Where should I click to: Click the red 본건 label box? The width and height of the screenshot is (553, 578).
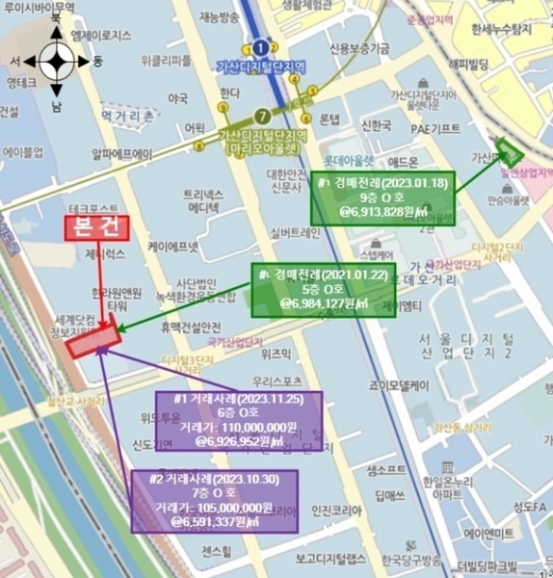coord(95,228)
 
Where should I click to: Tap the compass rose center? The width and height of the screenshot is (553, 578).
coord(56,63)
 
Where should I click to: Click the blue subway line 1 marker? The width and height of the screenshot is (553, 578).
coord(260,45)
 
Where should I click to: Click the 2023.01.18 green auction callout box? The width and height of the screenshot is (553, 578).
coord(382,197)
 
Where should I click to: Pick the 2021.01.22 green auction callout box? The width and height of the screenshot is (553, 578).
coord(311,289)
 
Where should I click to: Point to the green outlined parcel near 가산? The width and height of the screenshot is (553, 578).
coord(508,152)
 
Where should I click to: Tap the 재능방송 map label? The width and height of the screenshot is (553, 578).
coord(220,16)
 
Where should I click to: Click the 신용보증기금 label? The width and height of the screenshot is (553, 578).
coord(359,48)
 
